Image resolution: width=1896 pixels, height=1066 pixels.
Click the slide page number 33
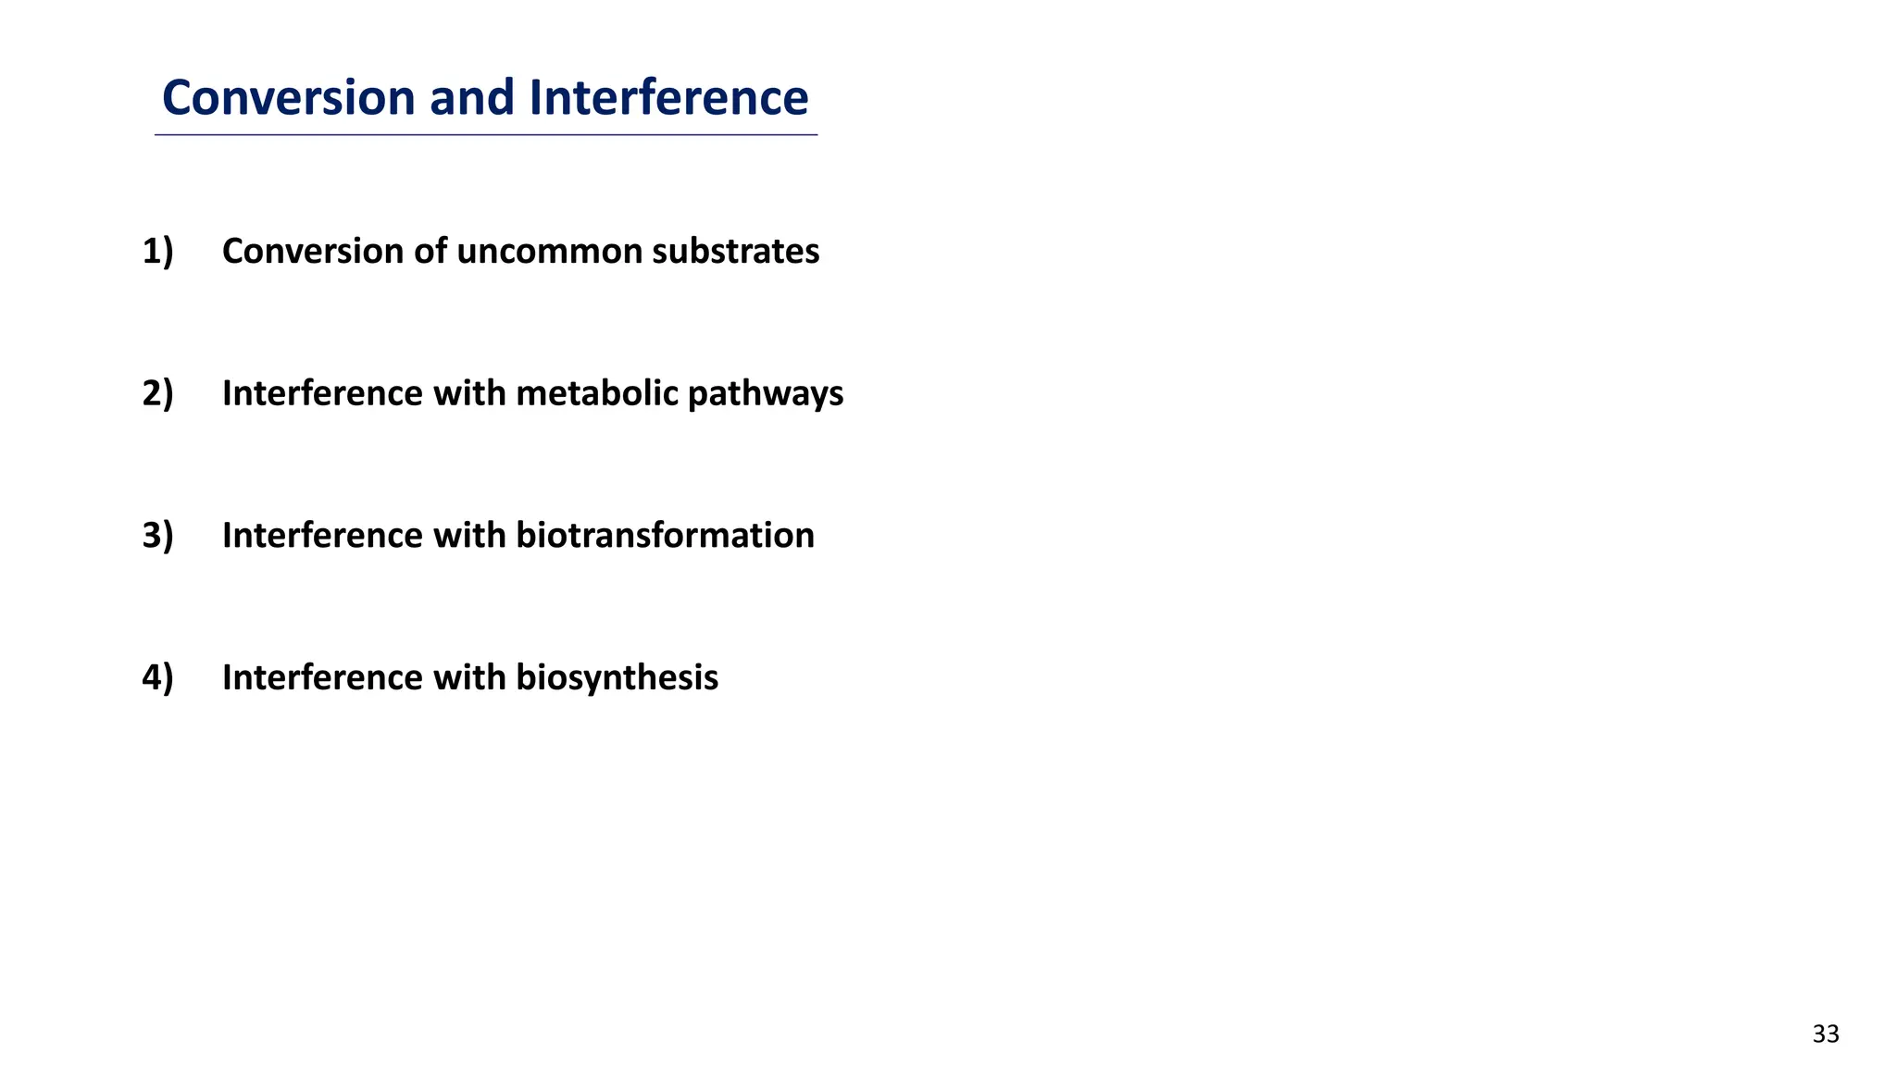(x=1826, y=1035)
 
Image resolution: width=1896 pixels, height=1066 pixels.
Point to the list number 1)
(x=157, y=252)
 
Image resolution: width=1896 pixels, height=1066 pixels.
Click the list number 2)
(x=157, y=394)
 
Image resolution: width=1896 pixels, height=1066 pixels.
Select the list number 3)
(x=157, y=536)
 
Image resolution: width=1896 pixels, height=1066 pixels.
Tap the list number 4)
(x=157, y=678)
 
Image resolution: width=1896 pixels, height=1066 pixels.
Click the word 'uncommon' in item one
(x=549, y=252)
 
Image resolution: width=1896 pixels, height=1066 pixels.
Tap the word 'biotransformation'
(x=665, y=536)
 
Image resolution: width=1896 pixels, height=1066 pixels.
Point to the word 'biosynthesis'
(x=617, y=678)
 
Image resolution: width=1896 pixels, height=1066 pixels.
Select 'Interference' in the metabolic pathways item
(x=321, y=394)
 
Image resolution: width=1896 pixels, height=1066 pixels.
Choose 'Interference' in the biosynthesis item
(x=321, y=678)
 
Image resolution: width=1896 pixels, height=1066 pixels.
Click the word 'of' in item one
(x=430, y=252)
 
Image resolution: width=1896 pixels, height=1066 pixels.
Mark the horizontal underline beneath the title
(x=485, y=136)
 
